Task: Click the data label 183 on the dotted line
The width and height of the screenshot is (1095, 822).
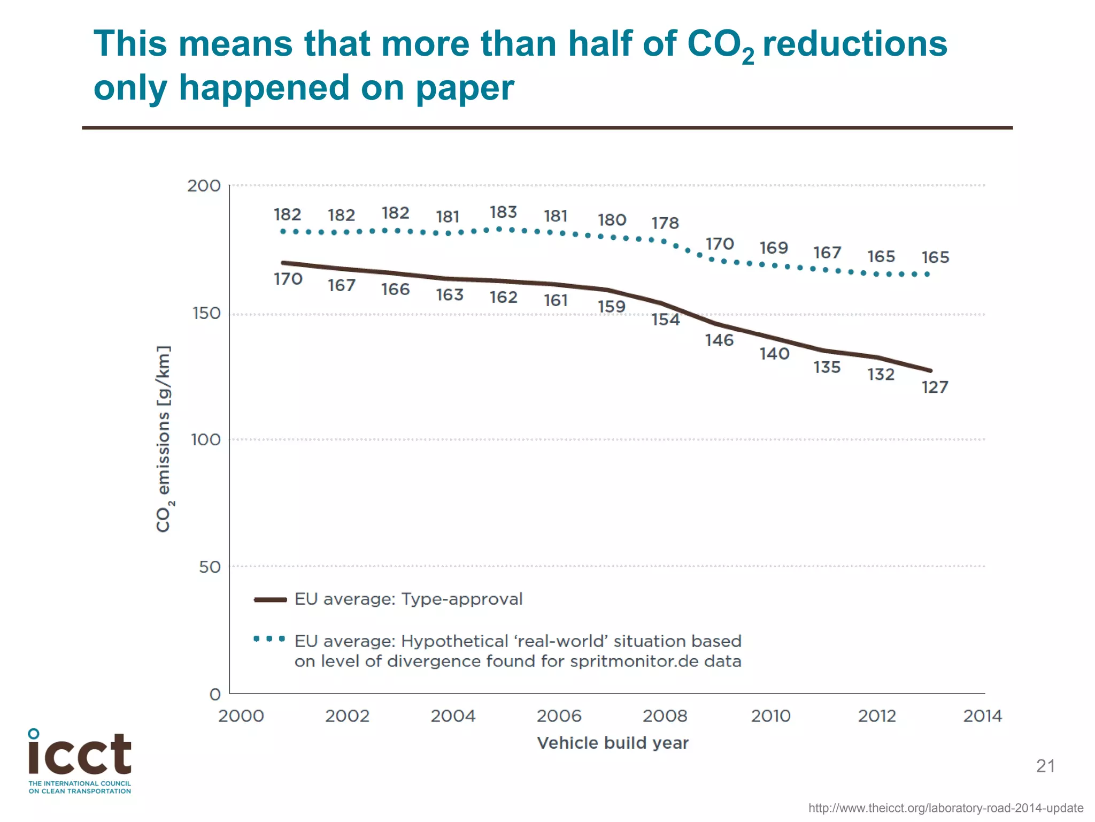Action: pyautogui.click(x=503, y=212)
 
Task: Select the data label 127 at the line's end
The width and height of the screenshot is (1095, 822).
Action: pyautogui.click(x=935, y=387)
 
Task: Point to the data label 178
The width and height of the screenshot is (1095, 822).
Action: pyautogui.click(x=665, y=223)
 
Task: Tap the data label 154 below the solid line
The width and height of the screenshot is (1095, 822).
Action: pyautogui.click(x=665, y=320)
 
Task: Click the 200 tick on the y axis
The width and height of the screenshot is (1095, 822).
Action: pyautogui.click(x=204, y=186)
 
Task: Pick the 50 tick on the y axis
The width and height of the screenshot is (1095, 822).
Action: pyautogui.click(x=210, y=567)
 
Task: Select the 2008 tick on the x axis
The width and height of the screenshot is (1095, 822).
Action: pyautogui.click(x=665, y=716)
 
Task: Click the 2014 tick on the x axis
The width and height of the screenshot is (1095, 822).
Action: pyautogui.click(x=982, y=716)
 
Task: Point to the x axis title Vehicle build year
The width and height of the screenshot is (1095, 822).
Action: pyautogui.click(x=612, y=743)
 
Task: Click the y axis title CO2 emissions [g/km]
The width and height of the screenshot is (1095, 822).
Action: pyautogui.click(x=164, y=439)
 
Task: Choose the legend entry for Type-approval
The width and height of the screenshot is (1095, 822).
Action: pyautogui.click(x=408, y=599)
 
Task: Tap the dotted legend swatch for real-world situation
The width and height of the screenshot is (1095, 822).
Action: pyautogui.click(x=269, y=639)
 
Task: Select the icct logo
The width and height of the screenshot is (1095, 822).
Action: pyautogui.click(x=80, y=760)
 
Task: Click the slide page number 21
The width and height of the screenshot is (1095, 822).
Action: pyautogui.click(x=1045, y=766)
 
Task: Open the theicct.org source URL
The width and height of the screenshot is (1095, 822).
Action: pyautogui.click(x=945, y=808)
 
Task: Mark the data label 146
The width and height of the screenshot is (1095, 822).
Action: pyautogui.click(x=719, y=340)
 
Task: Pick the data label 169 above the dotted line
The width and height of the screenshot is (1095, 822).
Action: pyautogui.click(x=774, y=248)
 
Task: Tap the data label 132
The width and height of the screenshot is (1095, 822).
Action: pyautogui.click(x=881, y=375)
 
